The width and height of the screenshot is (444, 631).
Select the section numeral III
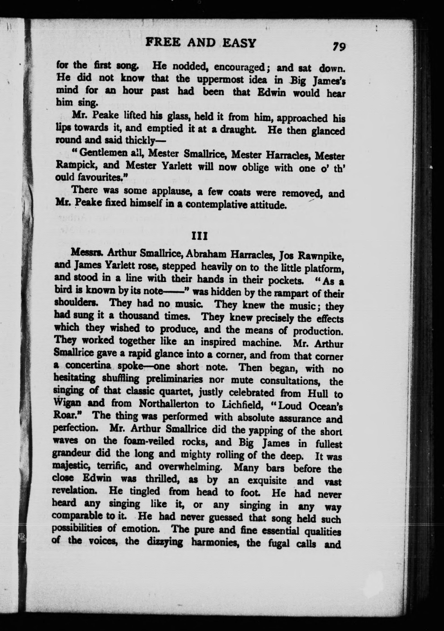199,236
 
